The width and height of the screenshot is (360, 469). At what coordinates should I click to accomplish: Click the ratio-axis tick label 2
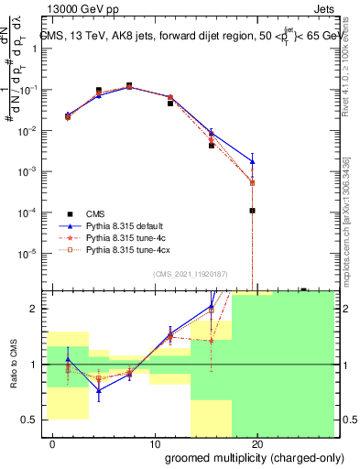[x=37, y=309]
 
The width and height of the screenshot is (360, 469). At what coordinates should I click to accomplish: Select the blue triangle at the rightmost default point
[x=252, y=161]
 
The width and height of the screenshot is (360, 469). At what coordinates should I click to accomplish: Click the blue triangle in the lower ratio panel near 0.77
[x=99, y=389]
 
